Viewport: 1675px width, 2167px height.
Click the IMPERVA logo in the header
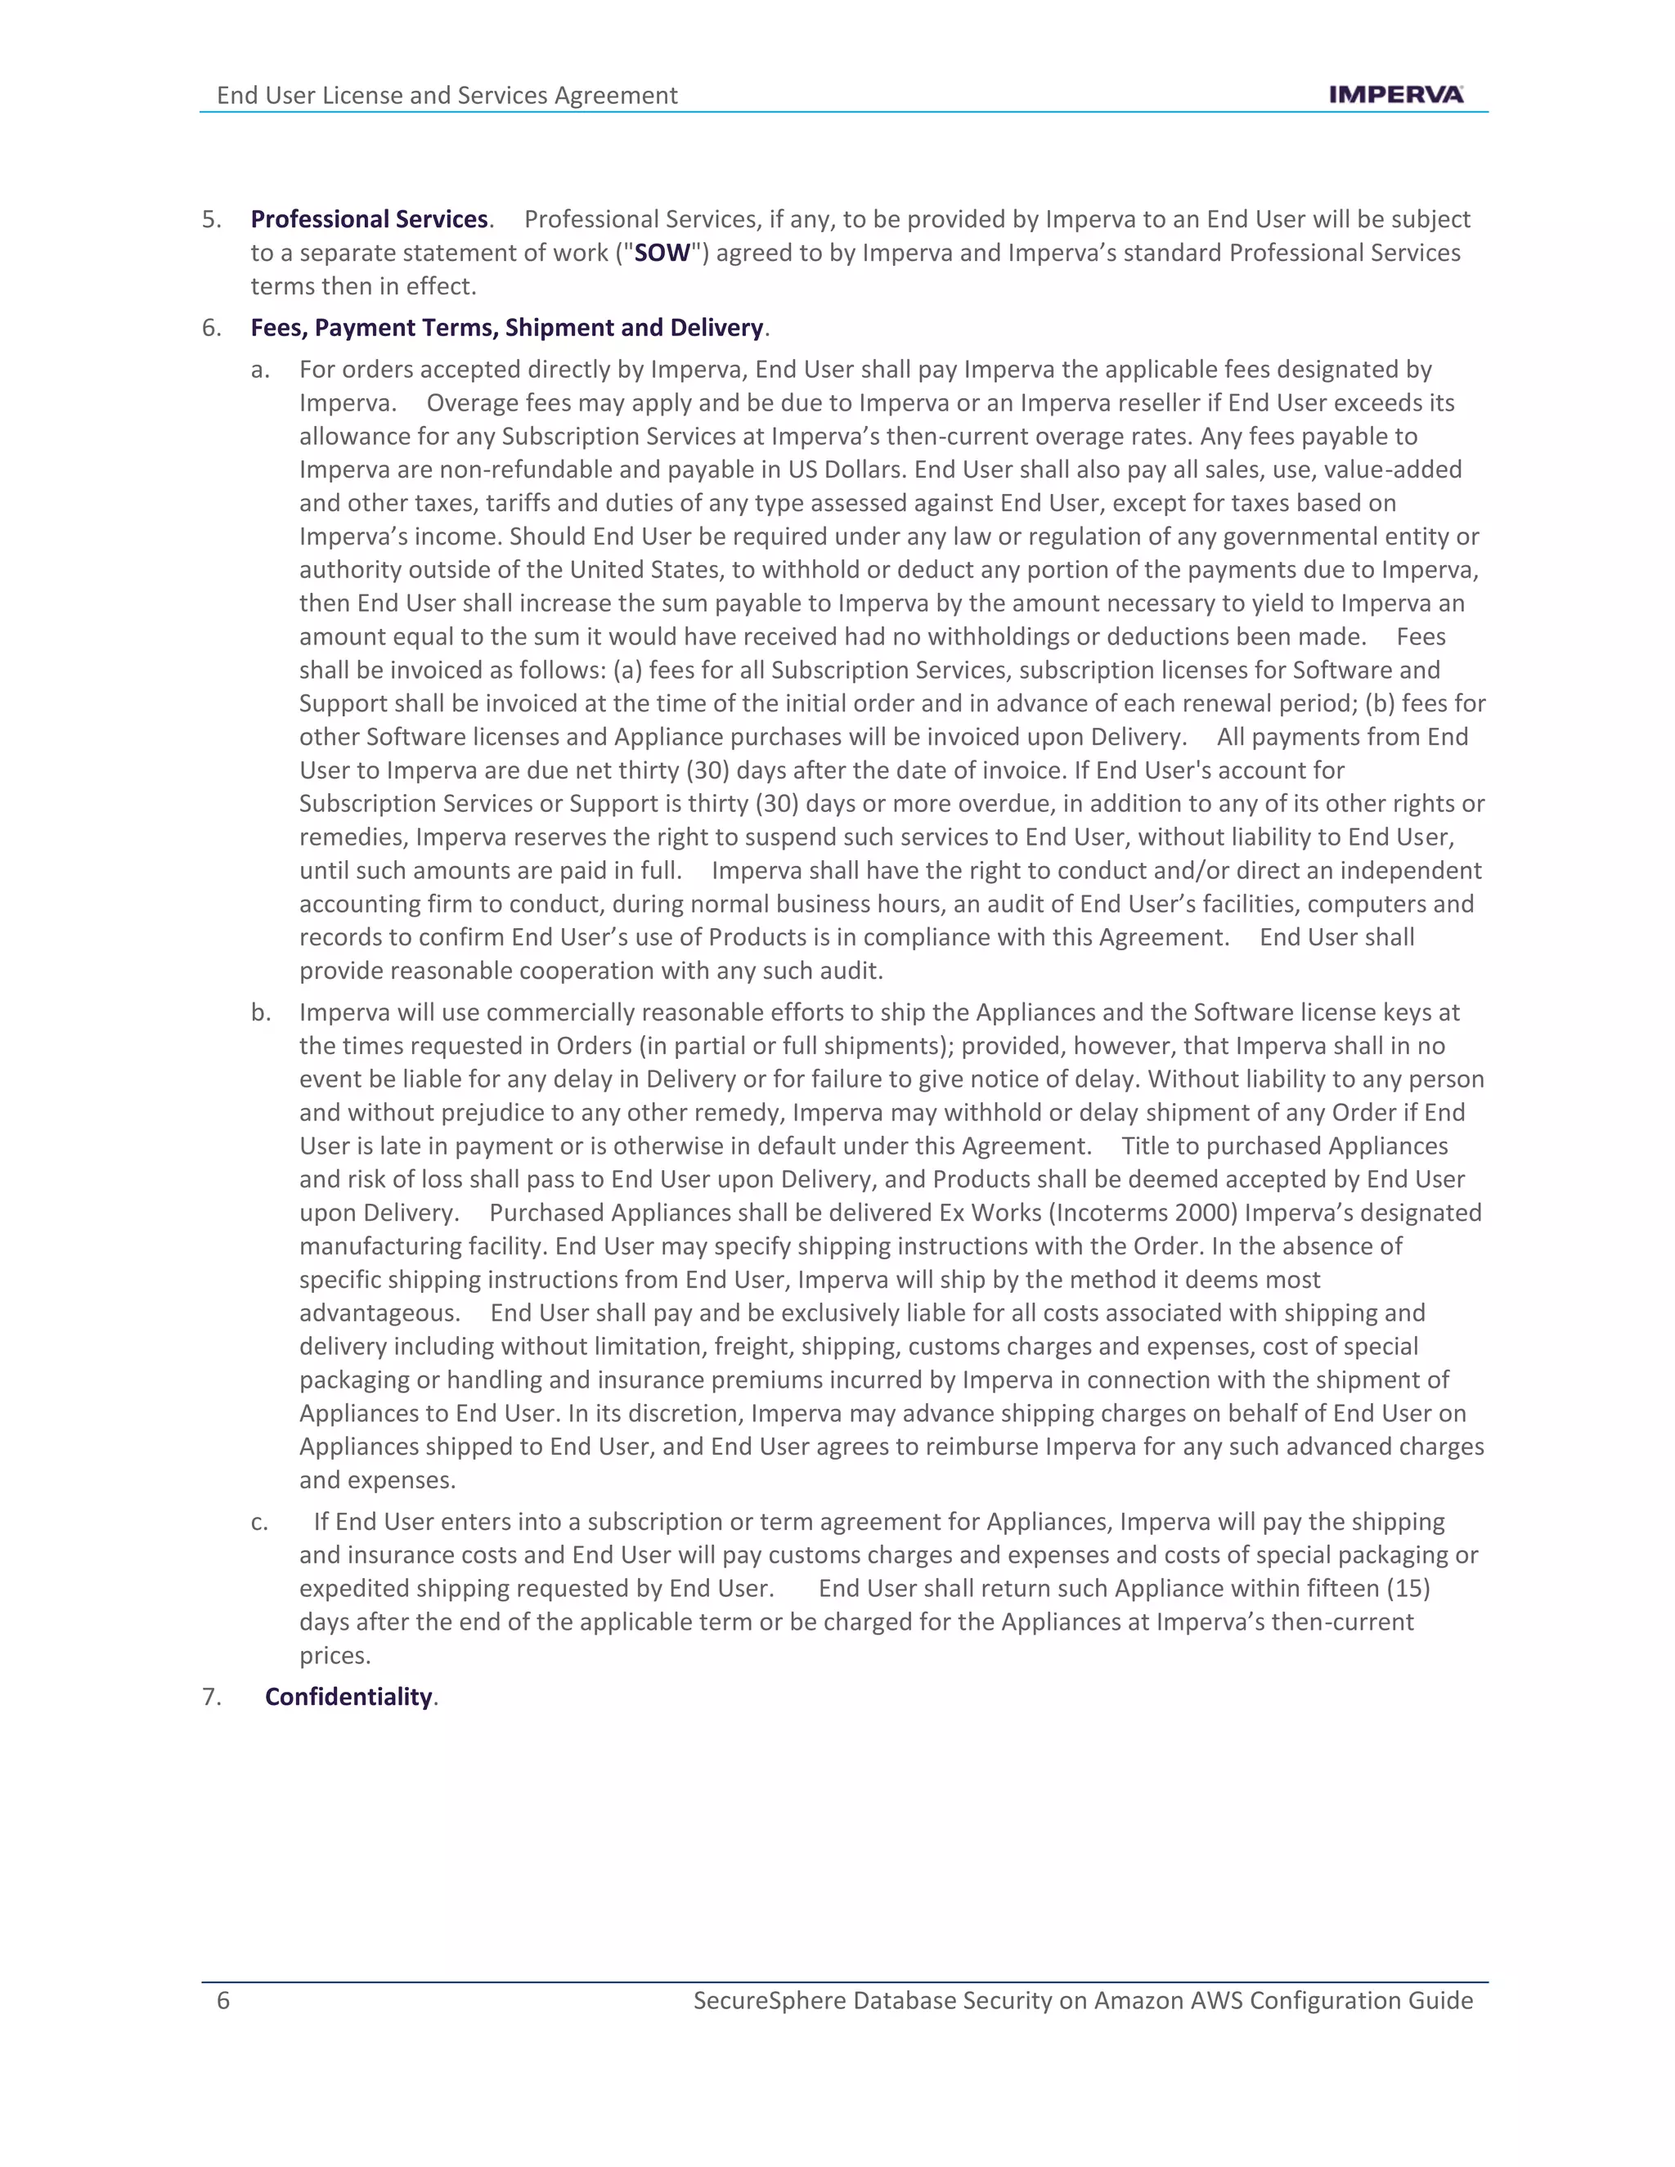[1395, 94]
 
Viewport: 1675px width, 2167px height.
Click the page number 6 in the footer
[223, 2000]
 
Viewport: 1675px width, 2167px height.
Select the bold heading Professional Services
[368, 219]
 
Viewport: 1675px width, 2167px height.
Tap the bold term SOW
[662, 253]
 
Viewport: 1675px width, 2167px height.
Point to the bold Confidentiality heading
[348, 1697]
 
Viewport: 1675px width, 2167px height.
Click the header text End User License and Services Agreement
[447, 95]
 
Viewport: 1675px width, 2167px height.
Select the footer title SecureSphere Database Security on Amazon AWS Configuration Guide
[1083, 2000]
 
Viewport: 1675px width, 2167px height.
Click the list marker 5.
[210, 219]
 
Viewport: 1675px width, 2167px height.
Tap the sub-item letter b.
[260, 1012]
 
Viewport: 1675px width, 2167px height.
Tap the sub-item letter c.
[259, 1522]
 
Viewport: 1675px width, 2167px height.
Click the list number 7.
[210, 1697]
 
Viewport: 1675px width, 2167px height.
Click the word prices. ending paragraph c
[335, 1655]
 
